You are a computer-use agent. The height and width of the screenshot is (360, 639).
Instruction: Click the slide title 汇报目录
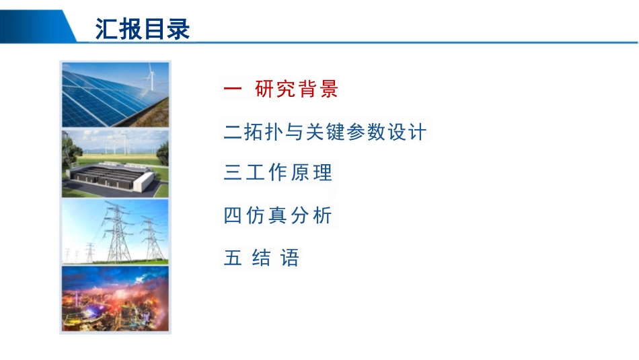pos(142,29)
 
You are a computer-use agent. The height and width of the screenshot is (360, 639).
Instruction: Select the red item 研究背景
pos(297,88)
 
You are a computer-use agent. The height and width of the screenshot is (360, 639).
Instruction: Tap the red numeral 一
pos(233,88)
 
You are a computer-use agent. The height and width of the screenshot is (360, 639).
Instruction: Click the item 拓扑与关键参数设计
pos(335,132)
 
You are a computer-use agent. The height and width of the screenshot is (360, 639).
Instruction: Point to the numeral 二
pos(233,132)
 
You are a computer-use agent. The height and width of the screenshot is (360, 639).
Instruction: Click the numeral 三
pos(233,172)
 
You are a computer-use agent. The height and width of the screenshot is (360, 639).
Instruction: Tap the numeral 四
pos(233,215)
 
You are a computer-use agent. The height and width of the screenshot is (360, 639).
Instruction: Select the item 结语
pos(276,258)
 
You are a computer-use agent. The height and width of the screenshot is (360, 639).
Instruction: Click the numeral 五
pos(233,258)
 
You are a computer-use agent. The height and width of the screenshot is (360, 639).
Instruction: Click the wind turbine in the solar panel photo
pos(151,76)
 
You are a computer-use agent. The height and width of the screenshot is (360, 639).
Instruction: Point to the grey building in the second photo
pos(111,177)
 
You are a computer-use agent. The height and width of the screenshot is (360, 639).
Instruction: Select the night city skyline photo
pos(115,299)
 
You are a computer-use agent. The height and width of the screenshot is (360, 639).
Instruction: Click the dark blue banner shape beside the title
pos(37,26)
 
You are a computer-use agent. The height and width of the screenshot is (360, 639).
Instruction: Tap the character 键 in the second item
pos(335,132)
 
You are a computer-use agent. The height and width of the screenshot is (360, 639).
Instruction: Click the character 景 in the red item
pos(329,88)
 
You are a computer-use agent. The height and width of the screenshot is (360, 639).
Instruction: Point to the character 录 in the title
pos(178,29)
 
